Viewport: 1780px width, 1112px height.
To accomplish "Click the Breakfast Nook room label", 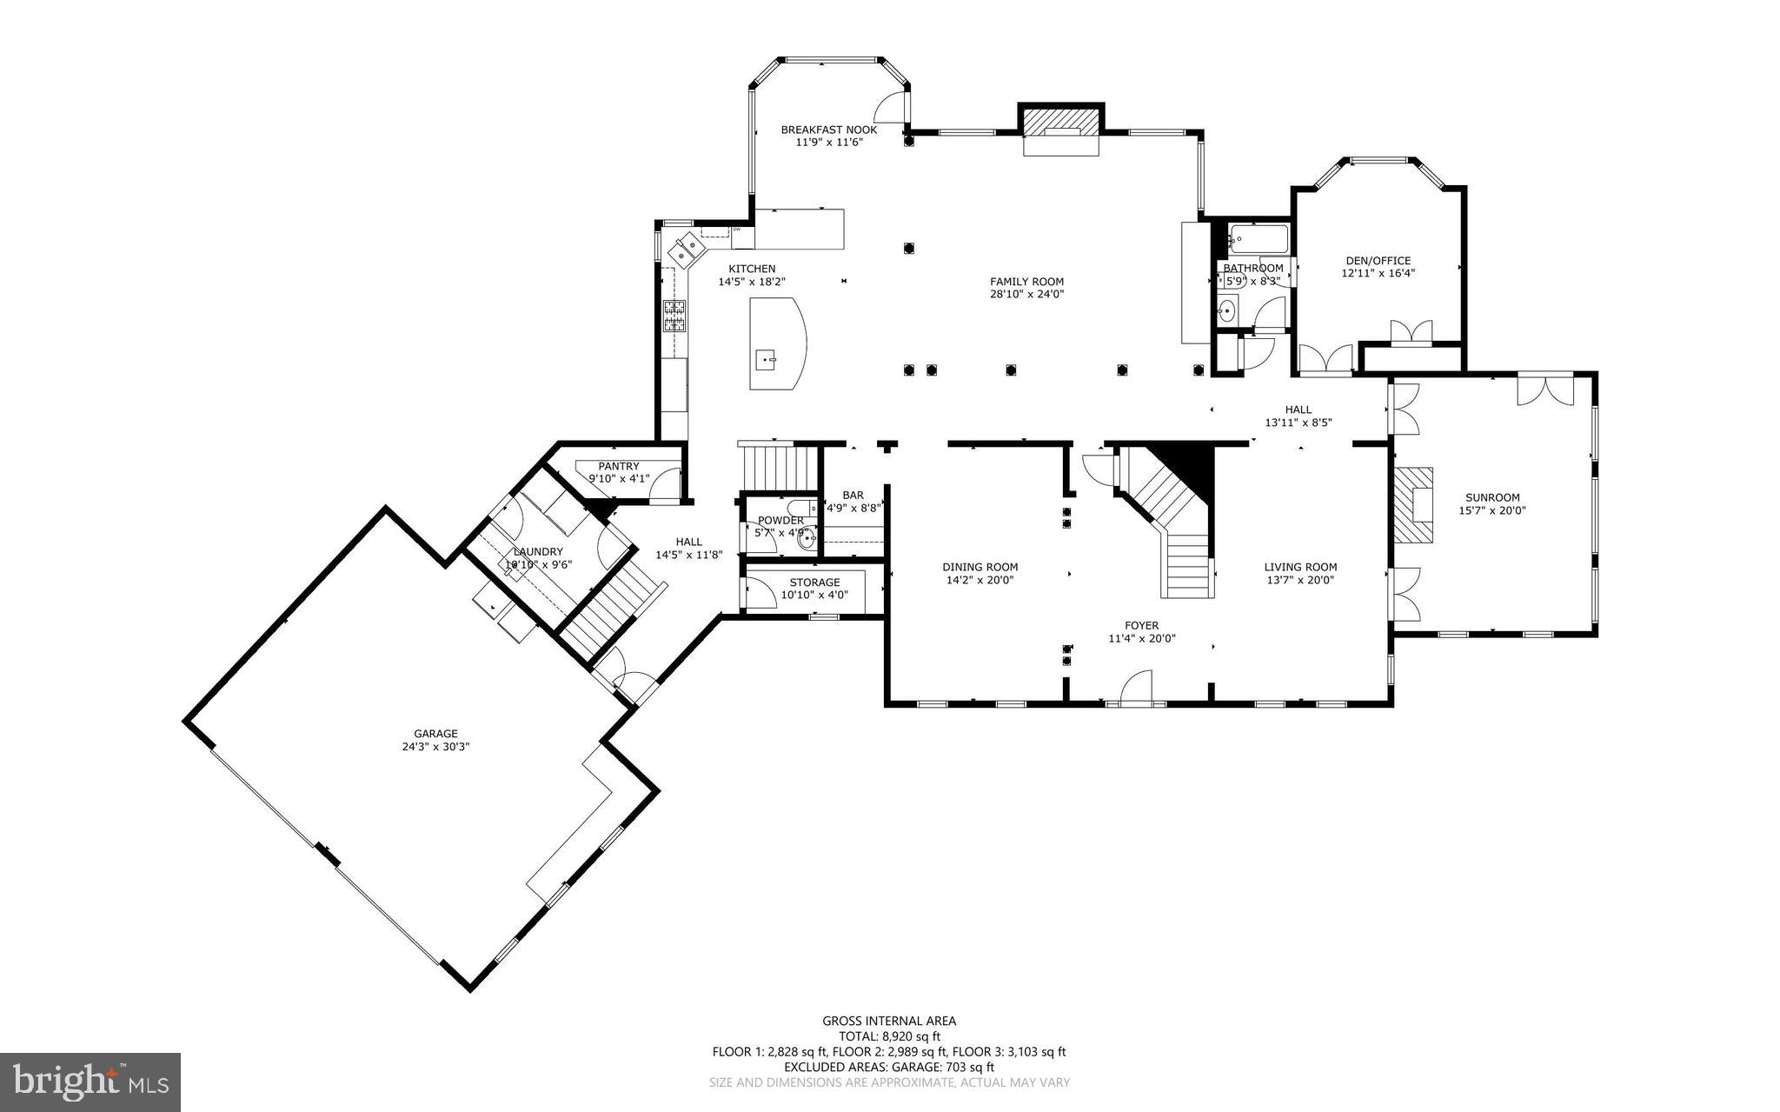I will coord(828,130).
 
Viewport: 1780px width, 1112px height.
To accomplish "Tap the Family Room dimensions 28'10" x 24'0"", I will coord(1026,294).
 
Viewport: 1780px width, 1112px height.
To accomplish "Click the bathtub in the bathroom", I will coord(1258,236).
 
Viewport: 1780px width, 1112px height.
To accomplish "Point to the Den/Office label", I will coord(1378,261).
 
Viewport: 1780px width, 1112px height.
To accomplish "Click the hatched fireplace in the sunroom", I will coord(1414,505).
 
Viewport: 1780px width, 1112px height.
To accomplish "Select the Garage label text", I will coord(435,734).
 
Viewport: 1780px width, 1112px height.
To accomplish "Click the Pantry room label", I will coord(618,467).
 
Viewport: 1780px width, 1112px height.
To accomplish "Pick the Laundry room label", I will coord(538,552).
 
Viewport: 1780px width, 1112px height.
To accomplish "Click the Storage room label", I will coord(814,583).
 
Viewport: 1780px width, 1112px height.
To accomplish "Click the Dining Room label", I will coord(981,567).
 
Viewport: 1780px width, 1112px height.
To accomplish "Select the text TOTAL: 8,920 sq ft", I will coord(889,1036).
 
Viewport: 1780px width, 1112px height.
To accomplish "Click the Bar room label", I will coord(853,495).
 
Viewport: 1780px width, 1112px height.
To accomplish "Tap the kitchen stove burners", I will coord(674,316).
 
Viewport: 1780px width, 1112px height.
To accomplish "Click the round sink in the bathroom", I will coord(1227,310).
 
